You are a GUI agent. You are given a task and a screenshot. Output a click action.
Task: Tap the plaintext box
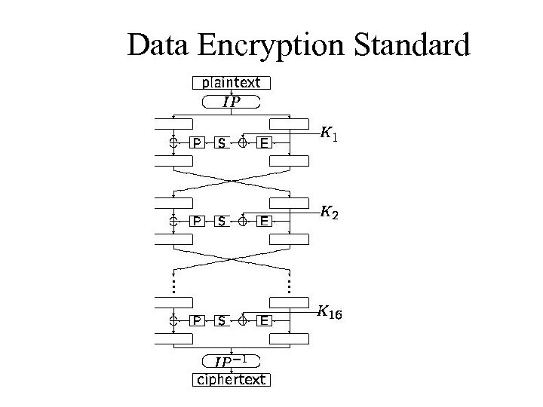[232, 83]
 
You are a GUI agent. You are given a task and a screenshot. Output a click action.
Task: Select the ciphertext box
[232, 379]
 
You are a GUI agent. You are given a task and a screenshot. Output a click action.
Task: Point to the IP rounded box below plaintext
[232, 102]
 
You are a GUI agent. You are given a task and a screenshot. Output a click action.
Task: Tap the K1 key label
[329, 134]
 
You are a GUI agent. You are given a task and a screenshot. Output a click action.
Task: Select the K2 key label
[329, 213]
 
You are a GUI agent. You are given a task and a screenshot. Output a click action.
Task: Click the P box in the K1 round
[197, 142]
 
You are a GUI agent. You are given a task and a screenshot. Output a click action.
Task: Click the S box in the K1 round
[221, 142]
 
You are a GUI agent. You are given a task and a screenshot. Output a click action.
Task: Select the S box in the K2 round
[221, 221]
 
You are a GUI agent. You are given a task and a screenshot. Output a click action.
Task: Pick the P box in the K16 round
[197, 320]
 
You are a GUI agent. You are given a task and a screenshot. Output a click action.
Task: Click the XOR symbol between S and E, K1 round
[243, 142]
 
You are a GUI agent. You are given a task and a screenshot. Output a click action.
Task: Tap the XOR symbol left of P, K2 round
[173, 221]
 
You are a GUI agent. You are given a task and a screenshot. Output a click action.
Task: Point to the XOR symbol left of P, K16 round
[173, 320]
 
